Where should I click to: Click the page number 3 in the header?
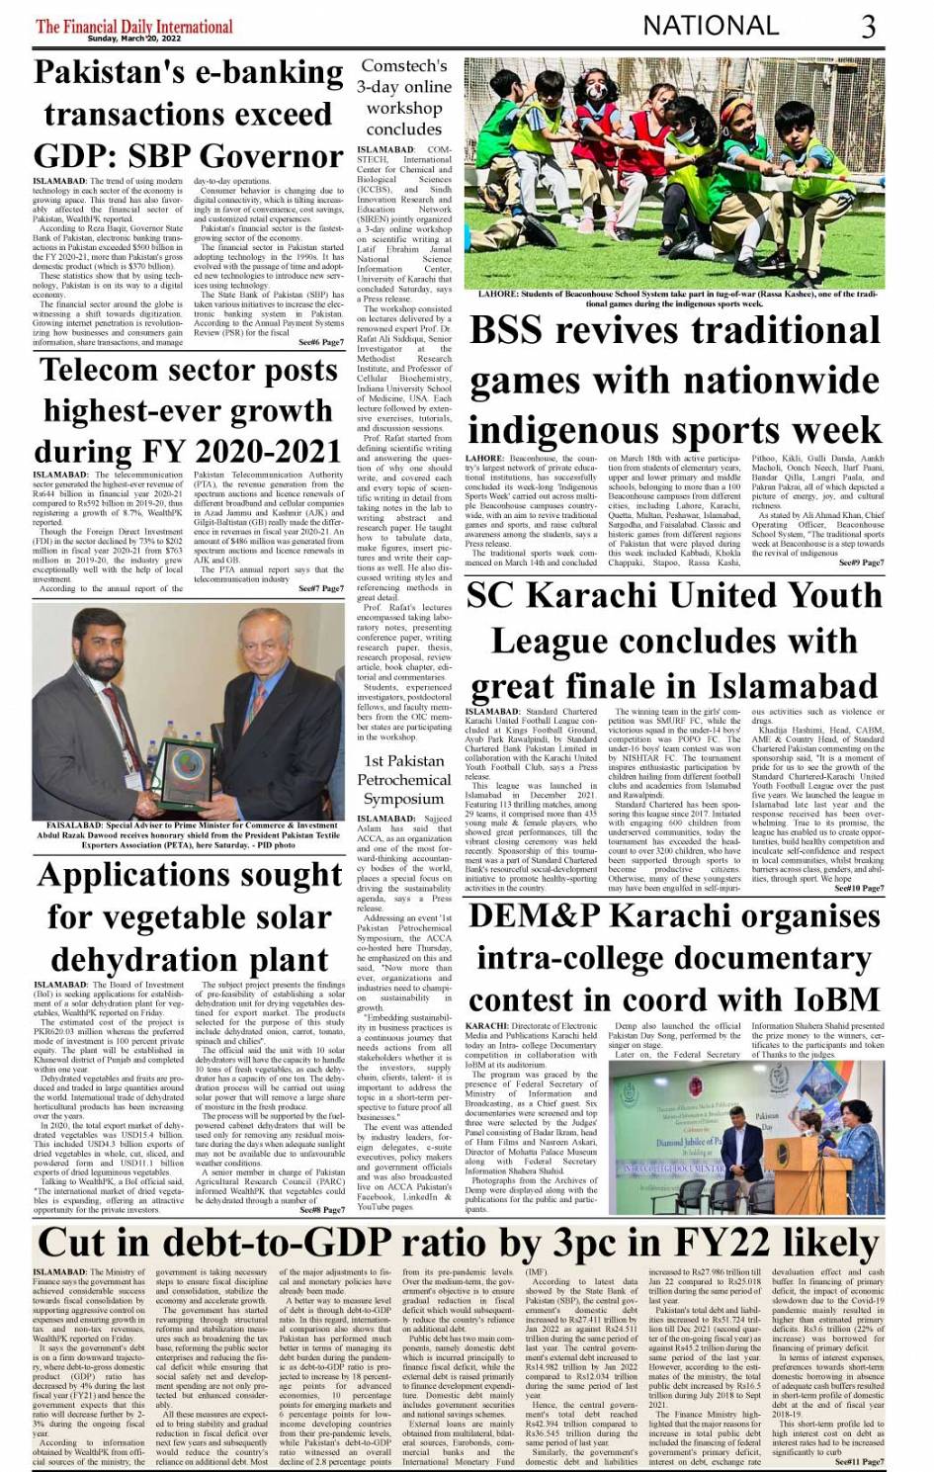pyautogui.click(x=868, y=26)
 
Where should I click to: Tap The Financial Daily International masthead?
pyautogui.click(x=134, y=25)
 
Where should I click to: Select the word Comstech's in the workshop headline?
pyautogui.click(x=403, y=65)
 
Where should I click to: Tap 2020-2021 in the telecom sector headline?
pyautogui.click(x=268, y=452)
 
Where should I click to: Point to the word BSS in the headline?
pyautogui.click(x=519, y=330)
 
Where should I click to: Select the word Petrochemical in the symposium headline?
pyautogui.click(x=403, y=779)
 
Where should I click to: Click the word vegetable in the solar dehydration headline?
pyautogui.click(x=174, y=917)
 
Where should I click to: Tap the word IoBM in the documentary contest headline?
pyautogui.click(x=827, y=999)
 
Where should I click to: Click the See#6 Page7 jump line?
pyautogui.click(x=321, y=342)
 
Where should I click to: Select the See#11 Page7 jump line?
pyautogui.click(x=859, y=1461)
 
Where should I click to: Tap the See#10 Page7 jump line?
pyautogui.click(x=859, y=501)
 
